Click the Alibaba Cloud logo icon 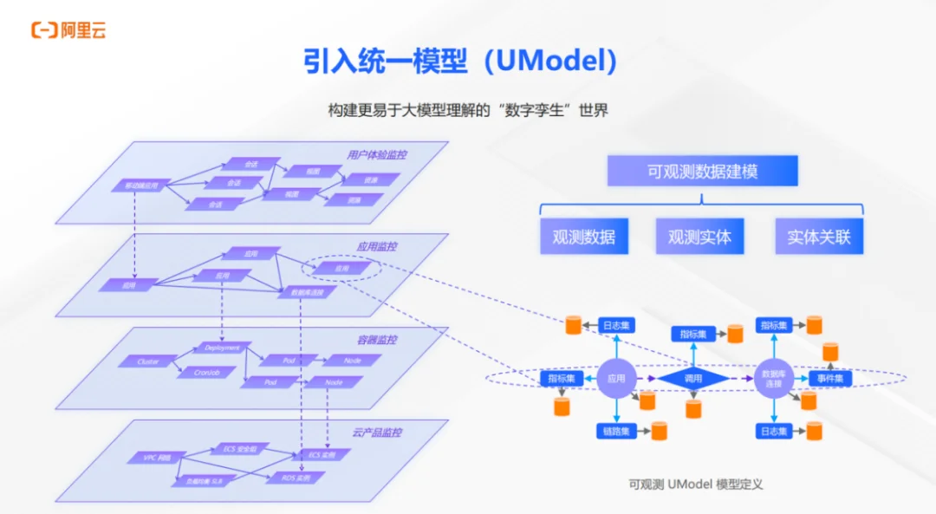[x=44, y=30]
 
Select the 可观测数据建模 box [x=702, y=172]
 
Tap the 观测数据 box [x=584, y=236]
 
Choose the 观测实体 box [x=699, y=236]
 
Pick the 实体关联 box [x=819, y=236]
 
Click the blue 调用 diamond [x=693, y=379]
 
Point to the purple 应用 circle [x=616, y=379]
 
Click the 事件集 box [x=830, y=379]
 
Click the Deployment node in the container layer [x=222, y=348]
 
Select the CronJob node [x=205, y=372]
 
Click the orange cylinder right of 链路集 [x=659, y=430]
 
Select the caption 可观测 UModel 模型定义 [x=696, y=485]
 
